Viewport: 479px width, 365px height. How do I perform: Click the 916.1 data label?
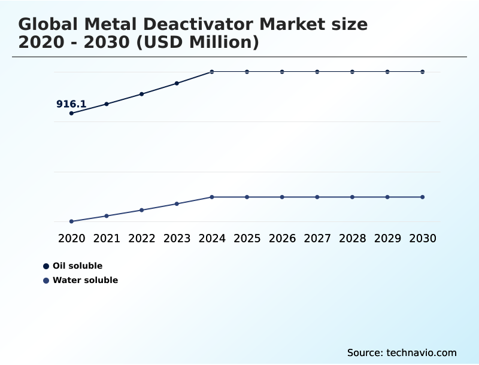(x=71, y=104)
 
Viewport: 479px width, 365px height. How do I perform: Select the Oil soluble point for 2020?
(x=72, y=113)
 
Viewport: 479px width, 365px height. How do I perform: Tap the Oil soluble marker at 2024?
(x=212, y=72)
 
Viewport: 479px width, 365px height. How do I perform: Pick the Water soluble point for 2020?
(x=72, y=221)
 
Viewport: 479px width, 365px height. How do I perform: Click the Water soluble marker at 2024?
(x=212, y=197)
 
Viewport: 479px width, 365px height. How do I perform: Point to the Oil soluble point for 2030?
(x=423, y=72)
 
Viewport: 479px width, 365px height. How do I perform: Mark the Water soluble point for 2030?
(x=423, y=197)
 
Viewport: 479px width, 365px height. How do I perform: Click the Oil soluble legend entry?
(x=77, y=266)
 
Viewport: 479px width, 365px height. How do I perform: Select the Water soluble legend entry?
(x=84, y=280)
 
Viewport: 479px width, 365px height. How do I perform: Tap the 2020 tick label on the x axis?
(x=72, y=238)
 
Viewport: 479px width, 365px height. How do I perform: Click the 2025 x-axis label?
(x=247, y=238)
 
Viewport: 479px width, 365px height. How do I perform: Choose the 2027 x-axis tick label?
(x=317, y=238)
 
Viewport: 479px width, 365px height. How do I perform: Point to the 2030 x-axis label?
(x=423, y=238)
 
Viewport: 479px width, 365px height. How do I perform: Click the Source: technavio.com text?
(x=402, y=352)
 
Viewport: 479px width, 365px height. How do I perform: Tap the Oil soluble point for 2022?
(x=142, y=94)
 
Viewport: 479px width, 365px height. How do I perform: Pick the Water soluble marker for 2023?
(x=177, y=203)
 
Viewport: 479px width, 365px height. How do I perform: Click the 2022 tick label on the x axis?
(x=142, y=238)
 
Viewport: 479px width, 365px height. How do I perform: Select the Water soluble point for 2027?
(x=317, y=197)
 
